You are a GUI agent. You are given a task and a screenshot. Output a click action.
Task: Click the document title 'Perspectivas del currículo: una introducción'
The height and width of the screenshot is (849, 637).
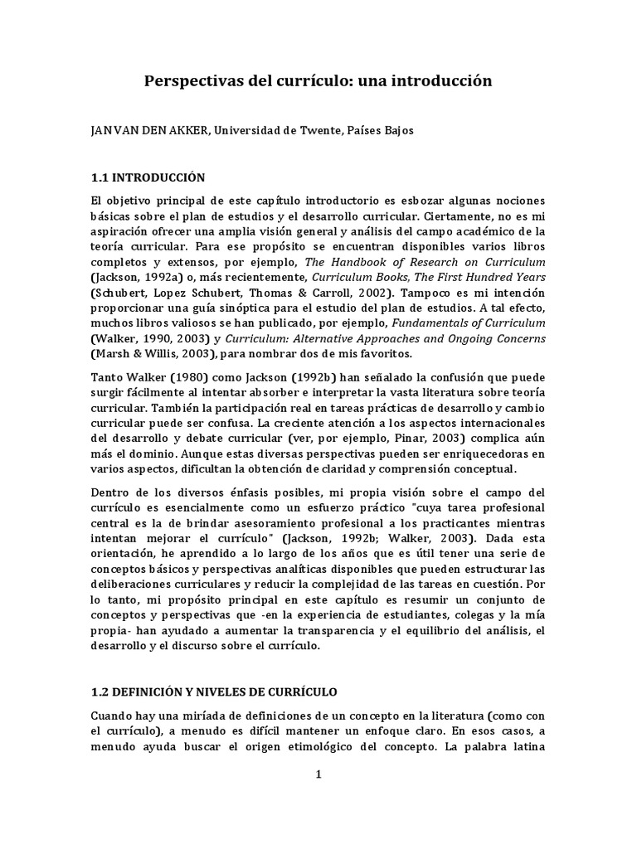click(318, 81)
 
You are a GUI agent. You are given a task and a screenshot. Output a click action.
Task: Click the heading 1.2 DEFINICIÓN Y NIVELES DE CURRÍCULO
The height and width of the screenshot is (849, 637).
click(214, 691)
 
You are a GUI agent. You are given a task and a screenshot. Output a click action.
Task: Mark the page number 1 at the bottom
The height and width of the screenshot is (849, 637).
click(318, 774)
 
